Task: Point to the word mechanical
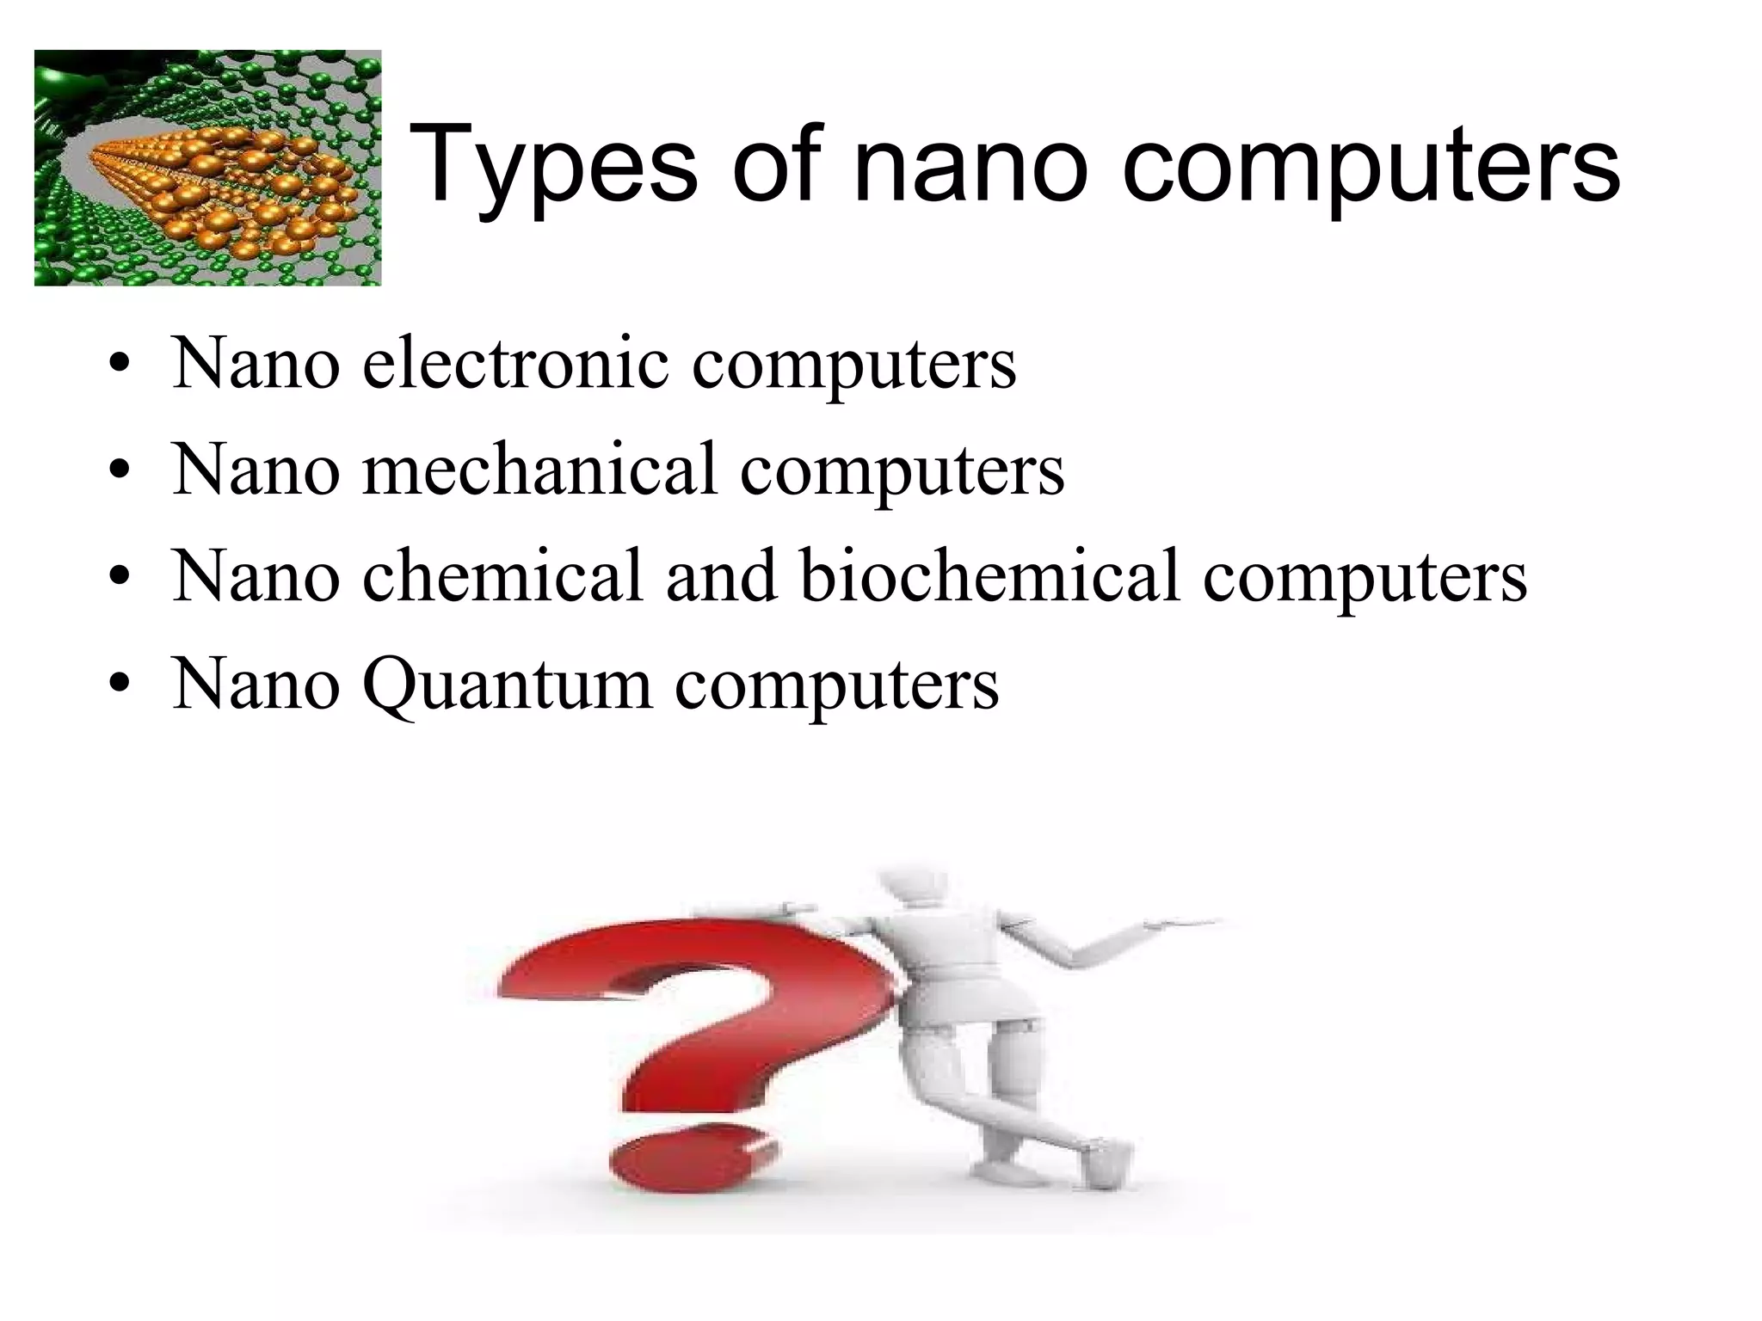pyautogui.click(x=539, y=470)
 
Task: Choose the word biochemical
pyautogui.click(x=990, y=575)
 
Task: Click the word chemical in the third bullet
pyautogui.click(x=503, y=575)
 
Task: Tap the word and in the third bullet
pyautogui.click(x=721, y=575)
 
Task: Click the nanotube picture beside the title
pyautogui.click(x=207, y=168)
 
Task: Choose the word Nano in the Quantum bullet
pyautogui.click(x=256, y=684)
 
